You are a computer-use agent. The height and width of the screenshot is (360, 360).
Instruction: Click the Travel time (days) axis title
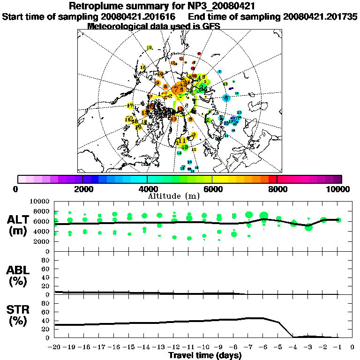click(x=205, y=355)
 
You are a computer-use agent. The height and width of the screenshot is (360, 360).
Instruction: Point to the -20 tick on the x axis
click(x=55, y=347)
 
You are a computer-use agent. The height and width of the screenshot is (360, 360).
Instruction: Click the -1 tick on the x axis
click(x=338, y=347)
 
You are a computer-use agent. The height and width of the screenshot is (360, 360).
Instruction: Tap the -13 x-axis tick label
click(x=159, y=347)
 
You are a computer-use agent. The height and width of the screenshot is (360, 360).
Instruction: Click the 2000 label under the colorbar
click(x=82, y=189)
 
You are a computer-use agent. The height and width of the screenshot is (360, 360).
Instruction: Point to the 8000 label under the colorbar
click(x=277, y=189)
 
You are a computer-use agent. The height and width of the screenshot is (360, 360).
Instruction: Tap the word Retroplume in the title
click(x=96, y=7)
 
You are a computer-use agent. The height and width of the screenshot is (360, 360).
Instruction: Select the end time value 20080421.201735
click(x=320, y=16)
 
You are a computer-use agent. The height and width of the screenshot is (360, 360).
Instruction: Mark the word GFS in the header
click(x=211, y=26)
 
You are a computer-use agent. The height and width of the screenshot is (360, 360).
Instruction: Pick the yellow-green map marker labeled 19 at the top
click(x=150, y=48)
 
